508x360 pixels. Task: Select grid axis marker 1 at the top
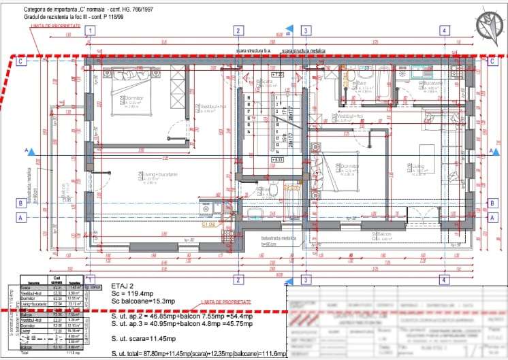pyautogui.click(x=89, y=30)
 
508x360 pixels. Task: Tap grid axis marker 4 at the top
pyautogui.click(x=444, y=30)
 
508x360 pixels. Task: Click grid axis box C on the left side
pyautogui.click(x=21, y=61)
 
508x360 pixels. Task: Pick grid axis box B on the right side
pyautogui.click(x=492, y=203)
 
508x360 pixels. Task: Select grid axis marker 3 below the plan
pyautogui.click(x=306, y=280)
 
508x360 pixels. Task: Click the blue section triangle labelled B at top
pyautogui.click(x=289, y=29)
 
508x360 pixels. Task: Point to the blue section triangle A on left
pyautogui.click(x=28, y=150)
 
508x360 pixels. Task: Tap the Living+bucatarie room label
pyautogui.click(x=160, y=175)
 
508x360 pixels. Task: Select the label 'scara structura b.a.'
pyautogui.click(x=254, y=51)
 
